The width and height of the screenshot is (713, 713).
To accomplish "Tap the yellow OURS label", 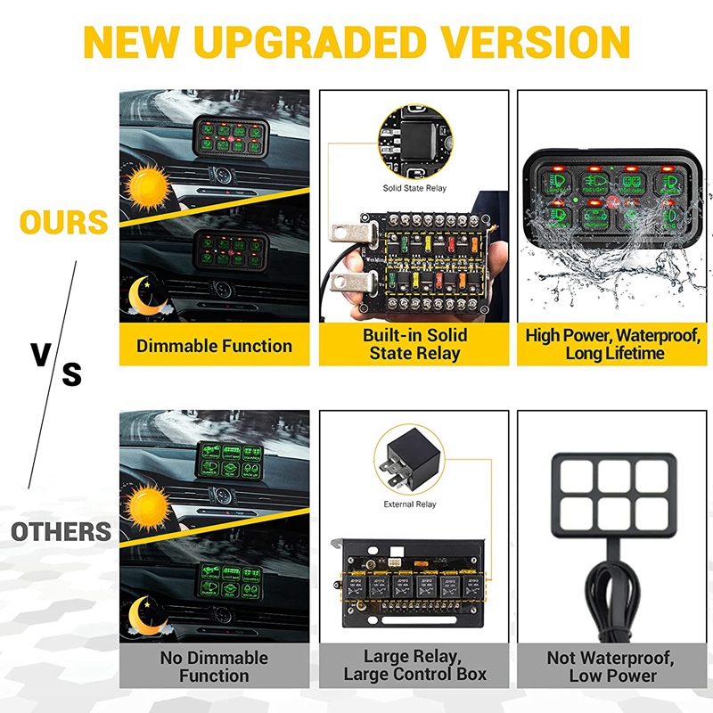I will click(63, 223).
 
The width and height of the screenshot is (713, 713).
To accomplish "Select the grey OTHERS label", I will click(61, 533).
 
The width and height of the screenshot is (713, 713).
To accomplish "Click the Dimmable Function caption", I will click(214, 346).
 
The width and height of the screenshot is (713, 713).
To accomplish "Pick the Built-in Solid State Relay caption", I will click(414, 344).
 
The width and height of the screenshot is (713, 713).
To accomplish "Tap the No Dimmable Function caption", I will click(214, 666).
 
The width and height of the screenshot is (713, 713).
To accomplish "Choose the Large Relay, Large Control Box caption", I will click(414, 666).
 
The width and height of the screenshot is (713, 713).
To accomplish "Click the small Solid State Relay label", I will click(414, 188).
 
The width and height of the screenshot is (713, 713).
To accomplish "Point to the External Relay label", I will click(411, 504).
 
